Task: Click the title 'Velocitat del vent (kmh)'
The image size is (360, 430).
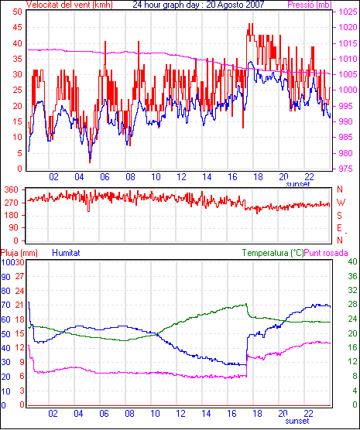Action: click(70, 5)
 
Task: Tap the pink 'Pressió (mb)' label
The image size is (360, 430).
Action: click(310, 5)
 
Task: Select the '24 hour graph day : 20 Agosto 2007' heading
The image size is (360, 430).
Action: click(198, 5)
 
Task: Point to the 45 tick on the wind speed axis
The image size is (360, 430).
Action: click(17, 27)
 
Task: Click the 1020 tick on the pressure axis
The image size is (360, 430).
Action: click(348, 27)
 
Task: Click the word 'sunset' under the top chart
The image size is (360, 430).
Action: click(297, 184)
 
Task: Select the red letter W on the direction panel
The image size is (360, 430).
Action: click(341, 203)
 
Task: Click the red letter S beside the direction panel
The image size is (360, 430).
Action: click(339, 216)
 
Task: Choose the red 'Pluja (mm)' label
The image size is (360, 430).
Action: click(19, 253)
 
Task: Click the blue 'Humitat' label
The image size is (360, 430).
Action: click(66, 253)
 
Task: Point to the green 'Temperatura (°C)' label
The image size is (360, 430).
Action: click(273, 253)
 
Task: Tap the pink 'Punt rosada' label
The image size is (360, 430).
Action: click(326, 253)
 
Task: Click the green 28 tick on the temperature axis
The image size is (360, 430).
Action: click(352, 305)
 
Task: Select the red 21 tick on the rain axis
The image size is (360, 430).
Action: click(19, 305)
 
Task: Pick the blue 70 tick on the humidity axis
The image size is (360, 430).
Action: click(5, 305)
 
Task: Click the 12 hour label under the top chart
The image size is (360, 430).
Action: click(181, 177)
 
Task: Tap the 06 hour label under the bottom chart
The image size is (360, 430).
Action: click(104, 413)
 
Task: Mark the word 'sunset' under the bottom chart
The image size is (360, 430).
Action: click(297, 421)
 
